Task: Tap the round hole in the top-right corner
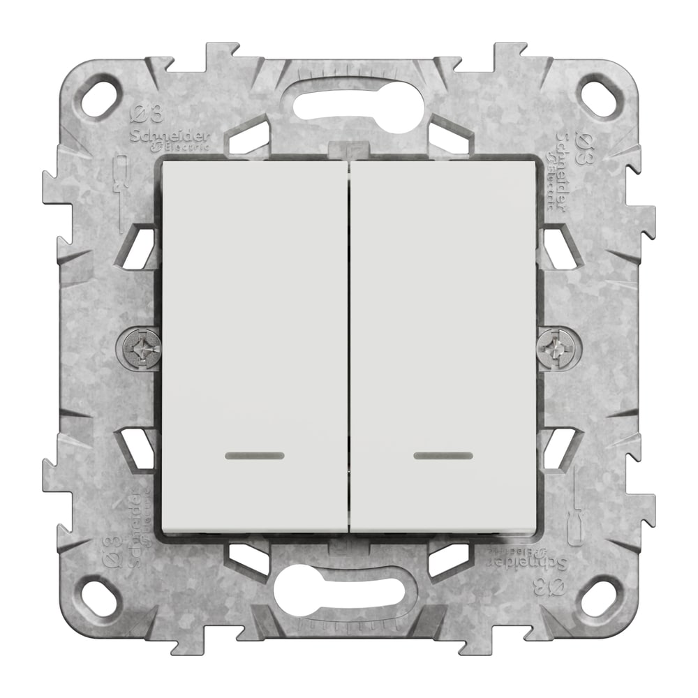pos(599,98)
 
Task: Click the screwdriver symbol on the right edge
pos(578,510)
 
